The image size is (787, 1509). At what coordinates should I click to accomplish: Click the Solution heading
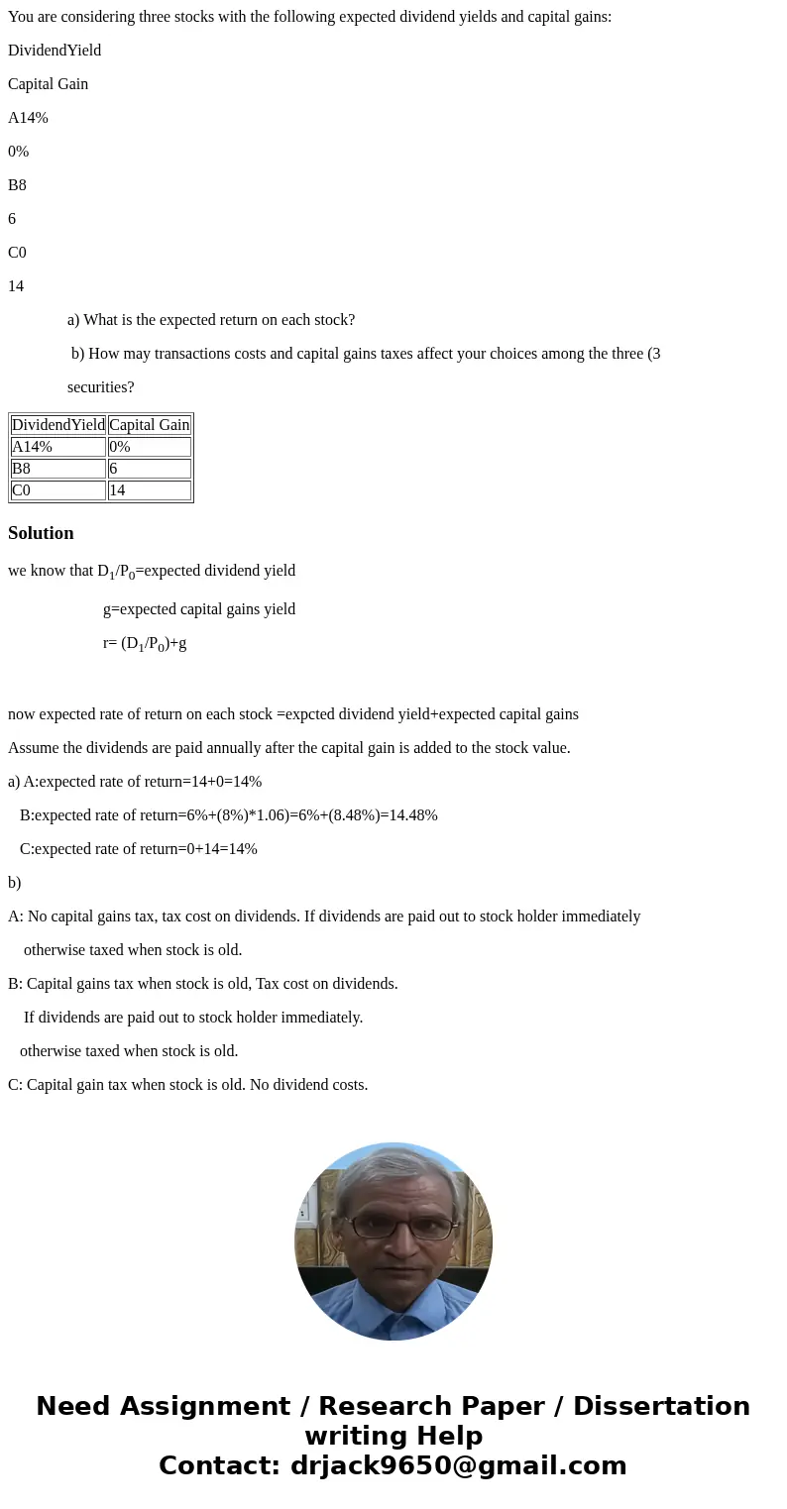point(41,533)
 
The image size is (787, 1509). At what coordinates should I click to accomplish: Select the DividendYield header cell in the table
point(58,425)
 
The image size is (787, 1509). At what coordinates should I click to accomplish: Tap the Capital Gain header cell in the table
point(149,425)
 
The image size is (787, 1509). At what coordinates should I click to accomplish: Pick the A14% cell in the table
point(58,447)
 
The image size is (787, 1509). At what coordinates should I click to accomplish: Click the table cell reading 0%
point(149,447)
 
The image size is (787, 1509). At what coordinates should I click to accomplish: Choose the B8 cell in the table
point(58,469)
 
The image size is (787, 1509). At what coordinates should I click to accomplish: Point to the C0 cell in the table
point(58,490)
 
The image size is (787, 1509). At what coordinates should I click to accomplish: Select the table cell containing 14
point(149,490)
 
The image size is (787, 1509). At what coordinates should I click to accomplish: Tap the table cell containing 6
point(149,469)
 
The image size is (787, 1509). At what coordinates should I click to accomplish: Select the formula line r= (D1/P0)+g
point(145,643)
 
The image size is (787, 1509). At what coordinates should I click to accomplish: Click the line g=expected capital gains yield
point(199,609)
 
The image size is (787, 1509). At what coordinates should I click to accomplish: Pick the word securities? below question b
point(101,387)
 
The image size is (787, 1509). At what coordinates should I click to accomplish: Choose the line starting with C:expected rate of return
point(138,849)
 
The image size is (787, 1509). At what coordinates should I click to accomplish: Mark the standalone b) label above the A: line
point(15,883)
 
